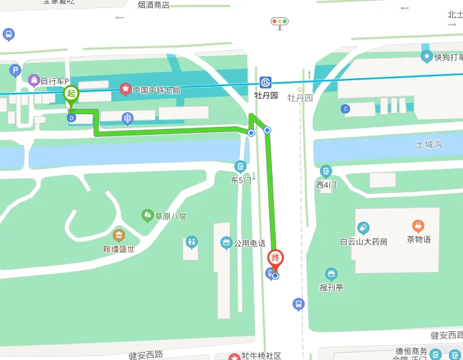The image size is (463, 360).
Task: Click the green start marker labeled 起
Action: pyautogui.click(x=71, y=94)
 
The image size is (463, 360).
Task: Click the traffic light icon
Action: pyautogui.click(x=279, y=22)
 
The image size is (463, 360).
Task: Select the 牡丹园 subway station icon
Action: pyautogui.click(x=266, y=82)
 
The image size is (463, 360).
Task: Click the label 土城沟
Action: pyautogui.click(x=429, y=144)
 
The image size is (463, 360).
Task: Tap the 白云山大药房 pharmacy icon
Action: pyautogui.click(x=363, y=228)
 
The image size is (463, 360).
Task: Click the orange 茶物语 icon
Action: pyautogui.click(x=418, y=226)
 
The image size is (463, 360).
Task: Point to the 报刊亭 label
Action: pyautogui.click(x=331, y=288)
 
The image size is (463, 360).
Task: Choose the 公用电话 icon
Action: pyautogui.click(x=226, y=242)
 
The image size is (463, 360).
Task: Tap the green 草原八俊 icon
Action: pyautogui.click(x=147, y=215)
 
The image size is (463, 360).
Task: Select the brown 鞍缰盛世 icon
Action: pyautogui.click(x=118, y=235)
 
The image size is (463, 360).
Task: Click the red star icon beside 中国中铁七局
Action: pyautogui.click(x=124, y=89)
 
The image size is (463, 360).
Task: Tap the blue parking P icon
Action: pyautogui.click(x=14, y=69)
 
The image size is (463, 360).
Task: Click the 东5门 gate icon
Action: pyautogui.click(x=241, y=166)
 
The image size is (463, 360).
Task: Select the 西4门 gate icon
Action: pyautogui.click(x=325, y=171)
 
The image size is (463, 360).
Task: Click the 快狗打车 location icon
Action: pyautogui.click(x=426, y=56)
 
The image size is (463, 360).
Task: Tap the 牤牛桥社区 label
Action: pyautogui.click(x=261, y=356)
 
